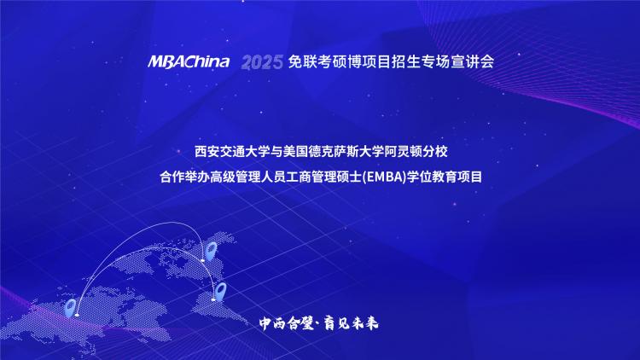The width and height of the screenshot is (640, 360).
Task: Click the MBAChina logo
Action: coord(189,61)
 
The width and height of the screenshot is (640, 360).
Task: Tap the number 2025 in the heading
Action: coord(262,62)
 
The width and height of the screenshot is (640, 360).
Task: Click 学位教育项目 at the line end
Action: coord(444,177)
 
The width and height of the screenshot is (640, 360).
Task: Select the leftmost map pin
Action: coord(71,308)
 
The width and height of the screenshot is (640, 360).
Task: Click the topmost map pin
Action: coord(211,251)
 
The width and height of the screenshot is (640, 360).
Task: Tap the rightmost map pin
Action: coord(220,292)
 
